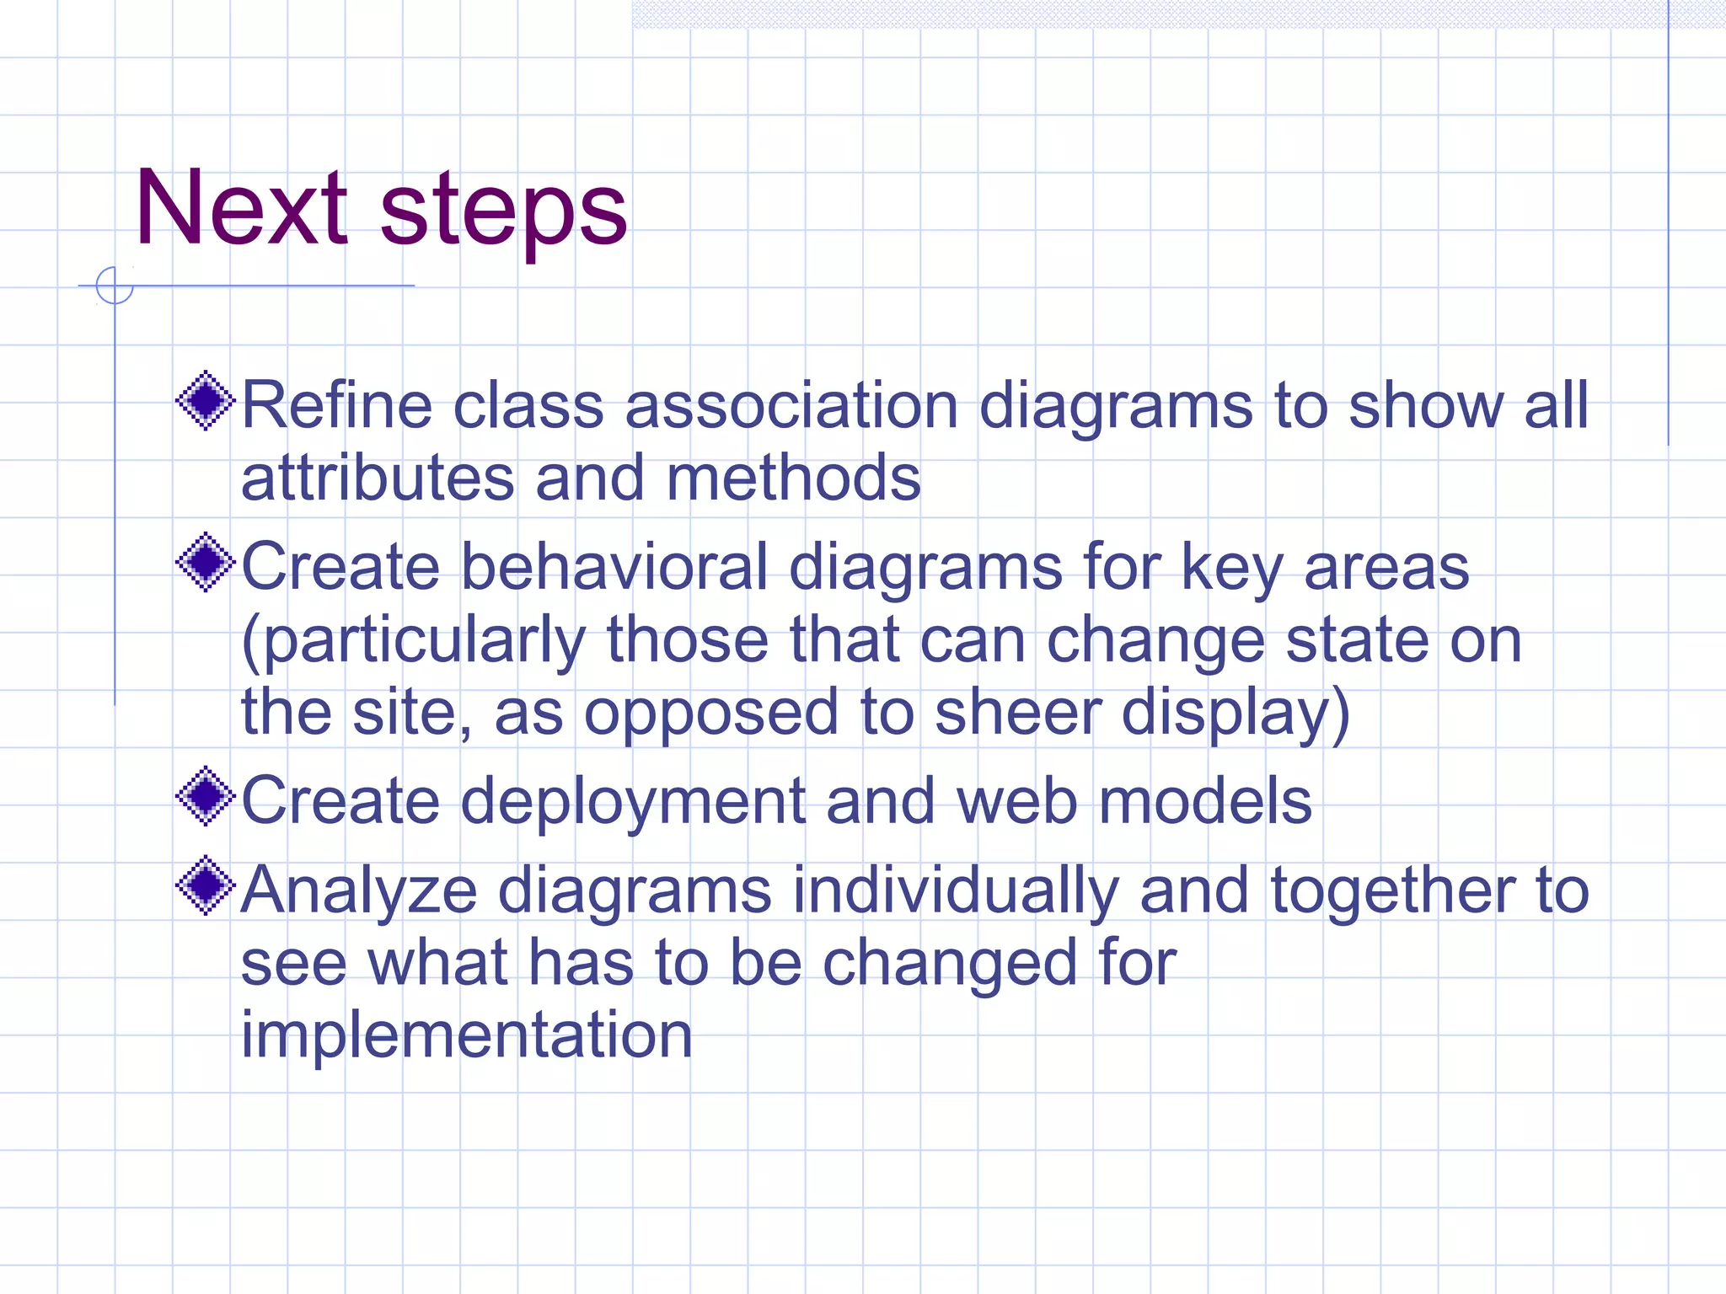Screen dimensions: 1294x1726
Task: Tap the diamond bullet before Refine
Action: pos(206,401)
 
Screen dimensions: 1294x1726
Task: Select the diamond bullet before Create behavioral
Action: pos(206,562)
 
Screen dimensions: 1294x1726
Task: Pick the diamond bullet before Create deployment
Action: pos(206,796)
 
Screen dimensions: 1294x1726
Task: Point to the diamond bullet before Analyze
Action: pos(206,885)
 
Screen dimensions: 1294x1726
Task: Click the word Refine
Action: pos(337,406)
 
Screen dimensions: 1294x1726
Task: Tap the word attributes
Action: pos(377,479)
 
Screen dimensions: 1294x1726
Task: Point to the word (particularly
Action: pos(413,641)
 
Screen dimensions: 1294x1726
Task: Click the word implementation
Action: pos(466,1035)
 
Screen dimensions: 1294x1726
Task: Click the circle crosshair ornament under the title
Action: pos(115,286)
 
